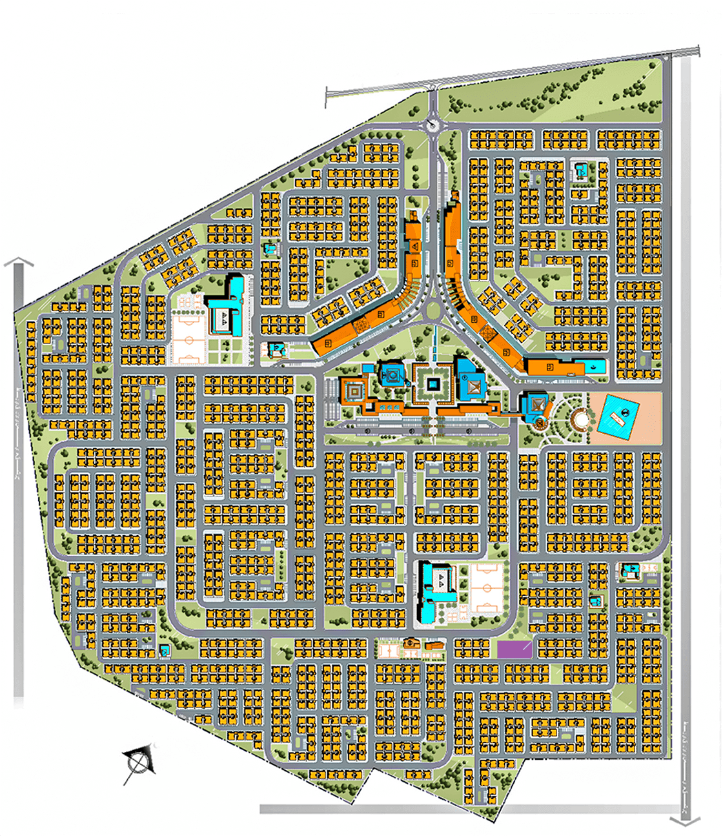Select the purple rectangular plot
[514, 649]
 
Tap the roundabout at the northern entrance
[433, 125]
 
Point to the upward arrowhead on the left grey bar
[19, 261]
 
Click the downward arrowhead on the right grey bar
[685, 821]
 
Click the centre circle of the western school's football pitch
[188, 340]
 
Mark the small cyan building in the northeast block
[582, 171]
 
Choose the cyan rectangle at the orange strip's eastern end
[596, 367]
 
